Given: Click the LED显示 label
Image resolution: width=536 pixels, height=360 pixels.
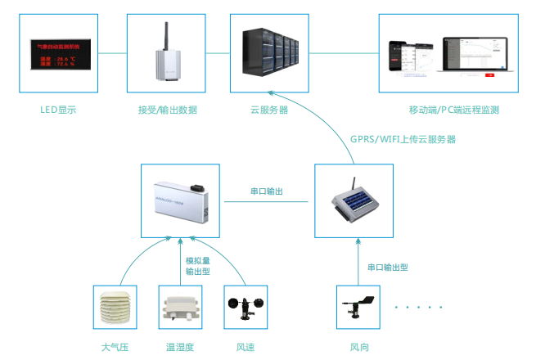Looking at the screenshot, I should tap(58, 110).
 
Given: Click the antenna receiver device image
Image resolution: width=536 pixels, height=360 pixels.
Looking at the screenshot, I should tap(167, 55).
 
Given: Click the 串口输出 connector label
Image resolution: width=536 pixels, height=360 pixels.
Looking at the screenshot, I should tap(267, 191).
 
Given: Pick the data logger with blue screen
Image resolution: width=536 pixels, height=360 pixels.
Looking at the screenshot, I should tap(354, 200).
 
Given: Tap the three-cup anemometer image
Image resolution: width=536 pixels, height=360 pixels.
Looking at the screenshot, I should tap(245, 308).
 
